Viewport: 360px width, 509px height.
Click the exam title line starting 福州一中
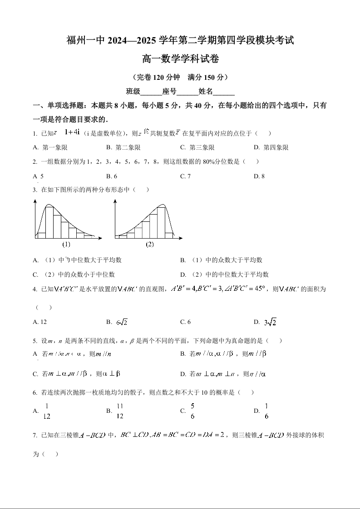[x=180, y=40]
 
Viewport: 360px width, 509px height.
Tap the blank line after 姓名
[x=224, y=92]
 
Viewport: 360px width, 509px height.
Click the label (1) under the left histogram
[x=66, y=244]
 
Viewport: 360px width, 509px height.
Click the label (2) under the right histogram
[x=150, y=244]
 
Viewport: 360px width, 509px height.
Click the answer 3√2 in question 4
[x=271, y=322]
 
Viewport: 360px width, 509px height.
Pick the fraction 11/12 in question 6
[x=120, y=411]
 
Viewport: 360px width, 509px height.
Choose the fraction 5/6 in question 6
[x=192, y=411]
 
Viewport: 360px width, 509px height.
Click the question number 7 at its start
[x=35, y=436]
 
